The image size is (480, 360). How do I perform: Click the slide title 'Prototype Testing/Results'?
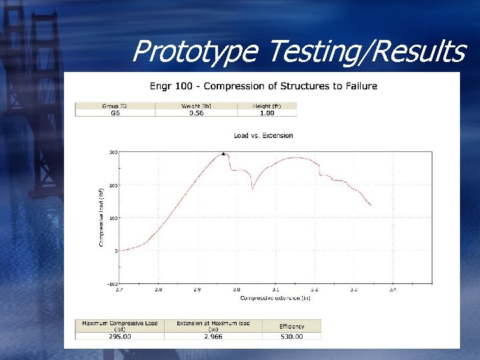coord(297,51)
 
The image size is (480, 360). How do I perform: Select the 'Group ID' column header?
coord(115,105)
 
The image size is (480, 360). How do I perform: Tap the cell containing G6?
coord(115,113)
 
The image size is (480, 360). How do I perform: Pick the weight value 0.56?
coord(196,113)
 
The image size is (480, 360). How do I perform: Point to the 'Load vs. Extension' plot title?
coord(263,135)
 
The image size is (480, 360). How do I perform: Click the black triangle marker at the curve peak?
coord(224,153)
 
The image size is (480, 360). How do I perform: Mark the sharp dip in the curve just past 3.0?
coord(252,189)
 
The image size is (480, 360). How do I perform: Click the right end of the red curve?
coord(371,205)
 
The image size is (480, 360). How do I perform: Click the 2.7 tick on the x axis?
coord(119,290)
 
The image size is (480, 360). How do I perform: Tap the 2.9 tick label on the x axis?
coord(197,290)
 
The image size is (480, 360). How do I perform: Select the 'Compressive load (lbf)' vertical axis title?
coord(101,217)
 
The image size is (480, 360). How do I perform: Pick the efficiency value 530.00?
coord(292,337)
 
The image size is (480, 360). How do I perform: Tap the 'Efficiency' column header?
coord(292,327)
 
